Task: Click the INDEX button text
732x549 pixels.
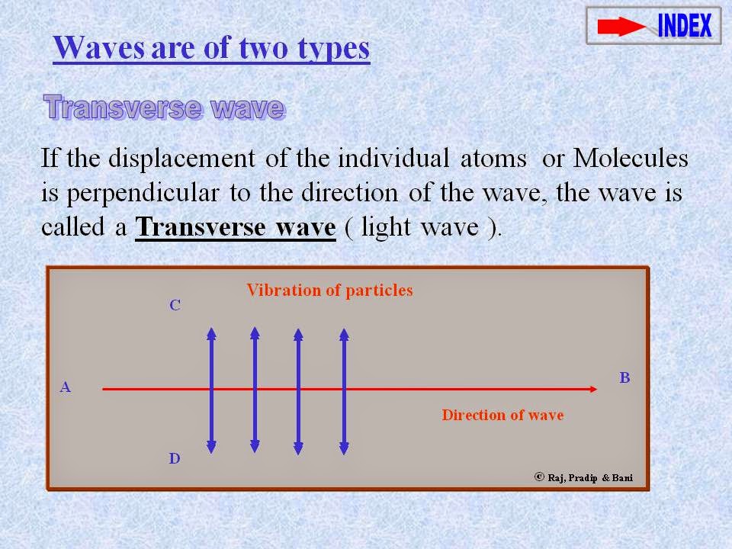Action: (x=685, y=26)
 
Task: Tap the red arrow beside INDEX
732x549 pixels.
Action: (x=621, y=27)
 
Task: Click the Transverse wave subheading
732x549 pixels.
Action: (x=164, y=108)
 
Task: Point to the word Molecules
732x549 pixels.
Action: (x=631, y=159)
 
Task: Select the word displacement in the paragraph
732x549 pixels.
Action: (x=181, y=159)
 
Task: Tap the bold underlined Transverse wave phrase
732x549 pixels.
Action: (x=236, y=227)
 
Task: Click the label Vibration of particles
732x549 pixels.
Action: (x=329, y=290)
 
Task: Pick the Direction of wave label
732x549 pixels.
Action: (x=502, y=415)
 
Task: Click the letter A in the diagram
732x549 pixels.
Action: (x=66, y=387)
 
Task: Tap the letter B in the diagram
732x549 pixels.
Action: (x=624, y=377)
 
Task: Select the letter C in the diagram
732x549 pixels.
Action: (x=175, y=305)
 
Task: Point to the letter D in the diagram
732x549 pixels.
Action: (x=175, y=459)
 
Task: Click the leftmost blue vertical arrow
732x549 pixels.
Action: (x=211, y=389)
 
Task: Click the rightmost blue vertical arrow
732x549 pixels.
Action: (x=344, y=389)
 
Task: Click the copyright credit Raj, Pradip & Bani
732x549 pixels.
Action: (x=584, y=478)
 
